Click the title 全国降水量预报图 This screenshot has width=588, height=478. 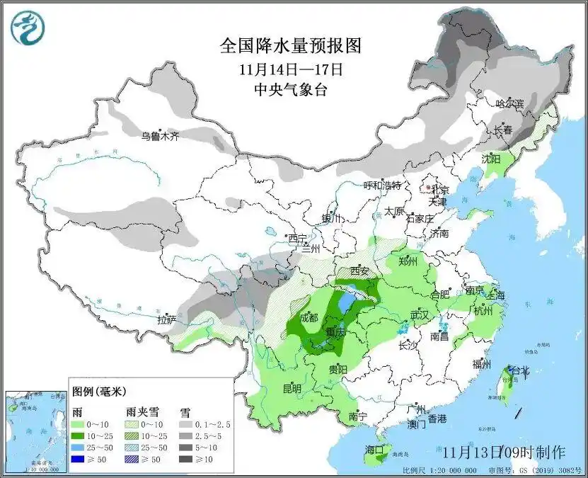[291, 47]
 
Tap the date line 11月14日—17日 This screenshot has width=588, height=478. [291, 69]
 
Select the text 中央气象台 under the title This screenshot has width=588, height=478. [291, 89]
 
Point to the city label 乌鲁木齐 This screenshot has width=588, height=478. [159, 136]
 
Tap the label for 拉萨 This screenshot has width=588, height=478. [166, 319]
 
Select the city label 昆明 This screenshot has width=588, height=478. [292, 388]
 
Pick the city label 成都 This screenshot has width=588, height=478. [309, 317]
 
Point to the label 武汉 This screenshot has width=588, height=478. [420, 315]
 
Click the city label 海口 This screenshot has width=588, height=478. [374, 450]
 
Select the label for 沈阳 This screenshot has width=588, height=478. [491, 158]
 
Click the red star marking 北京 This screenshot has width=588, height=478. [429, 189]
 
